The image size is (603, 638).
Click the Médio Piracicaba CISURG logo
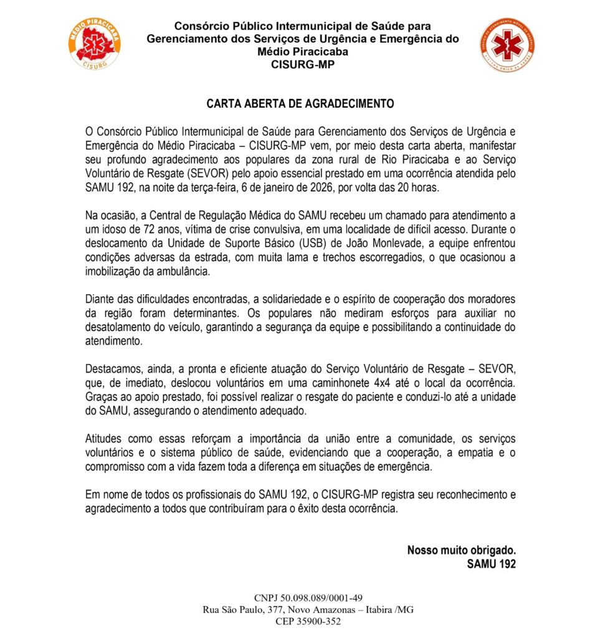pos(95,44)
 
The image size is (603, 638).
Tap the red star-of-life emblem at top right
pos(506,44)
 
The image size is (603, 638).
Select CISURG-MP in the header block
pos(303,64)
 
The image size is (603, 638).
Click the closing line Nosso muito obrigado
pos(462,551)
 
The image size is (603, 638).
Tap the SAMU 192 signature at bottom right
pos(491,564)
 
